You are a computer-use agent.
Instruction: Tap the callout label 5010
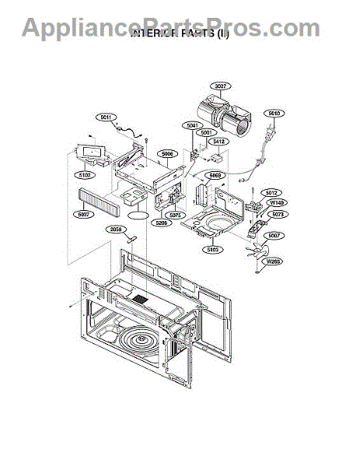[273, 114]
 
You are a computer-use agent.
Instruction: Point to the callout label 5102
[85, 176]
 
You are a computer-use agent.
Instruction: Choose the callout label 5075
[175, 215]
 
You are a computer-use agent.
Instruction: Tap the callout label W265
[273, 262]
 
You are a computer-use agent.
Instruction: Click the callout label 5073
[278, 214]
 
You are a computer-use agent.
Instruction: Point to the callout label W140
[277, 203]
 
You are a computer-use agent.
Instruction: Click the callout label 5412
[218, 142]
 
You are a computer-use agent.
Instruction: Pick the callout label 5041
[192, 125]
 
